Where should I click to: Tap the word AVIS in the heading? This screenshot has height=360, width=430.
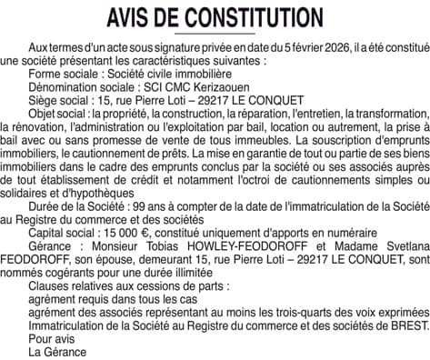(x=134, y=17)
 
